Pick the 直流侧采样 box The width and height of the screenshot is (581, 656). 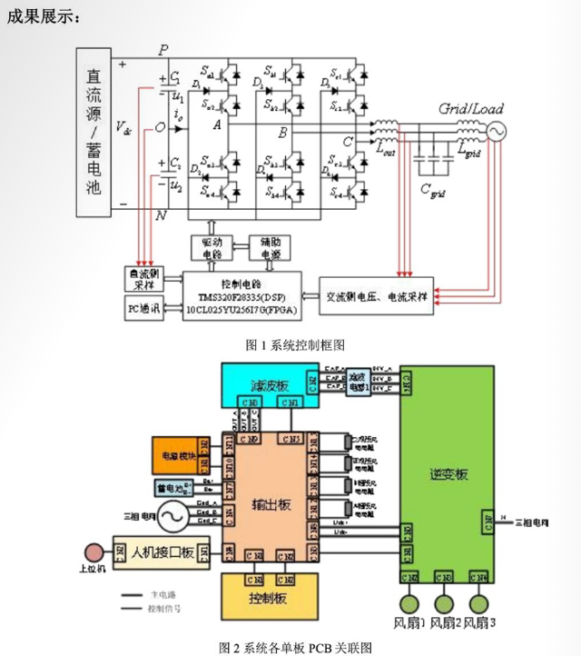point(143,278)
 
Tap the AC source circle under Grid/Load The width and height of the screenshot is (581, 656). point(497,131)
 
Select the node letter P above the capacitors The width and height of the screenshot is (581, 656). point(162,49)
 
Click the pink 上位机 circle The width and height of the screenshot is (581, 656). point(92,552)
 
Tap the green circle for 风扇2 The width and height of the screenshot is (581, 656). point(444,603)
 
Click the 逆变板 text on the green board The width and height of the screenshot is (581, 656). point(447,474)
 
